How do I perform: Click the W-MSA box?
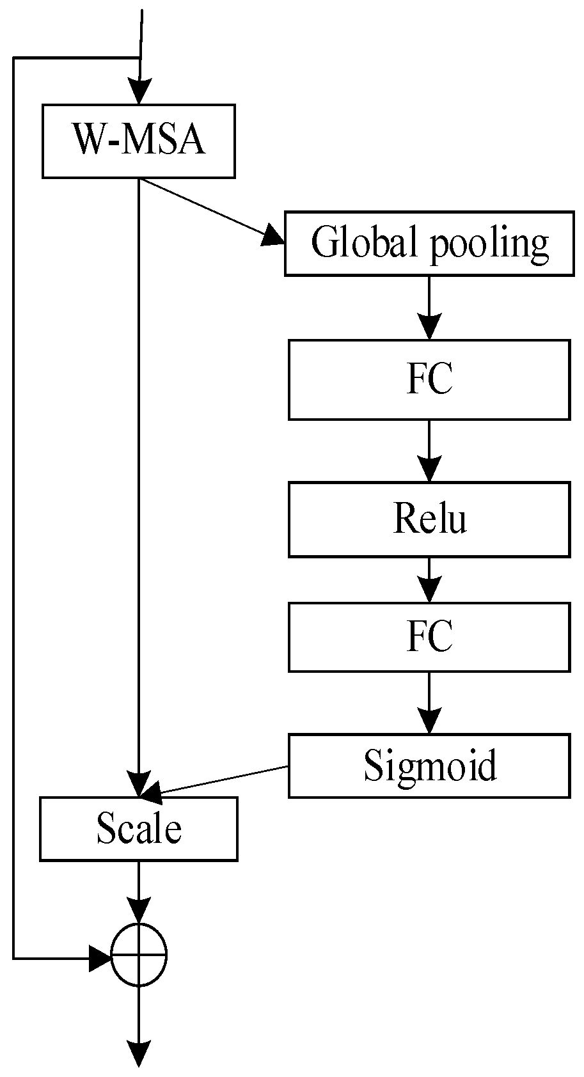pyautogui.click(x=138, y=141)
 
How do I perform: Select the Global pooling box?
pyautogui.click(x=429, y=244)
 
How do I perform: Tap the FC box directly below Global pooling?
pyautogui.click(x=429, y=379)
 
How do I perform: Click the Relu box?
pyautogui.click(x=429, y=519)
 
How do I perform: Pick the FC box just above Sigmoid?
pyautogui.click(x=429, y=637)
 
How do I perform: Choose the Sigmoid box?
pyautogui.click(x=429, y=766)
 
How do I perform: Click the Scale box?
pyautogui.click(x=138, y=828)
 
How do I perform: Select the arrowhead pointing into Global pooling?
pyautogui.click(x=273, y=237)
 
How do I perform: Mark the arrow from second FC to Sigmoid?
pyautogui.click(x=429, y=704)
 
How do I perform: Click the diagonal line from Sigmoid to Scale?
pyautogui.click(x=217, y=781)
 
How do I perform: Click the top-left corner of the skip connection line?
pyautogui.click(x=13, y=58)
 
